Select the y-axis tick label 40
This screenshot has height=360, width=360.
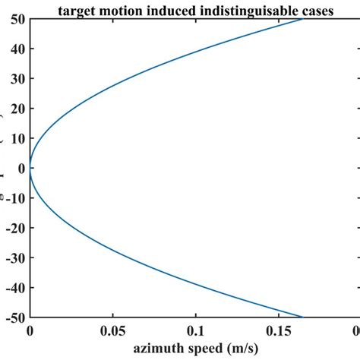(x=16, y=48)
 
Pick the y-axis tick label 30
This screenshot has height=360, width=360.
(x=16, y=77)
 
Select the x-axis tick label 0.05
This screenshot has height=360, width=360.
(x=113, y=331)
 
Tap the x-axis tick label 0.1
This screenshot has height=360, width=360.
(x=196, y=331)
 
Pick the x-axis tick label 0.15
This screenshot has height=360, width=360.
(x=279, y=331)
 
